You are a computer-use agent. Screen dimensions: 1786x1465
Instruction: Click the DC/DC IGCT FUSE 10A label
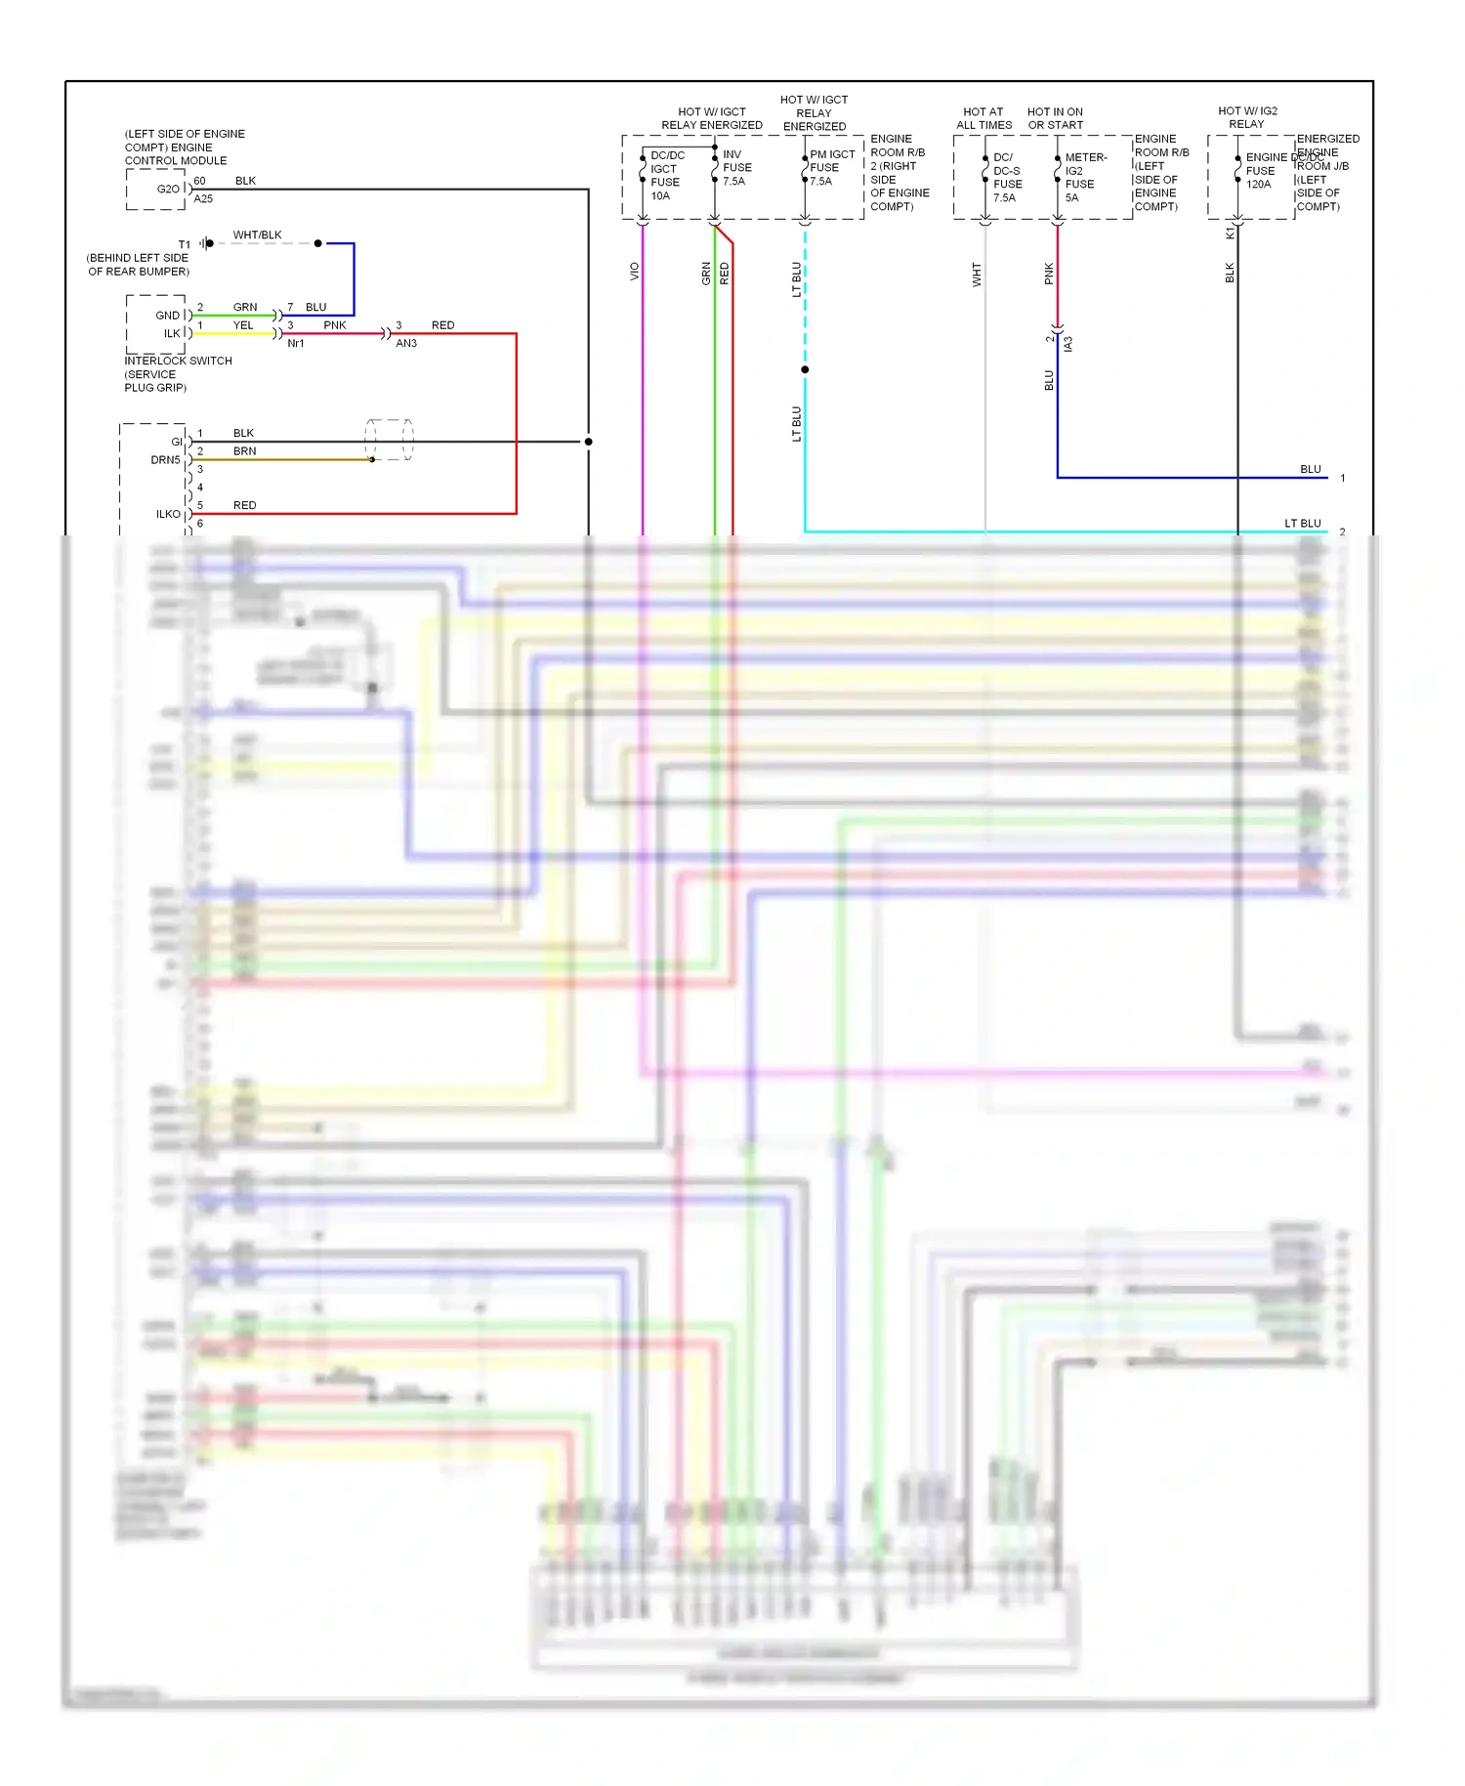(666, 176)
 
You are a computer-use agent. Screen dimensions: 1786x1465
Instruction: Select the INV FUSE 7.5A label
(736, 168)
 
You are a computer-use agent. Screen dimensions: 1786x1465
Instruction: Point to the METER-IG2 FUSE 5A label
(1084, 178)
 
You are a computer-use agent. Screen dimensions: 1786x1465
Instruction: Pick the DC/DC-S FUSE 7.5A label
(1007, 178)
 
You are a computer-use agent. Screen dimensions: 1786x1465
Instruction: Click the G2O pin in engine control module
(168, 190)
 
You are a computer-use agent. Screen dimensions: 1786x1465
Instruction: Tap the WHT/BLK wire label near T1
(257, 235)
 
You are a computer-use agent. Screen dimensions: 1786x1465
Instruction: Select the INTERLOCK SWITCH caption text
(178, 361)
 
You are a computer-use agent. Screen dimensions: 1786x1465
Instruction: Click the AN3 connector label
(406, 344)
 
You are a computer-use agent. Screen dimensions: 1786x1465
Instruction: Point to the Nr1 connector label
(295, 344)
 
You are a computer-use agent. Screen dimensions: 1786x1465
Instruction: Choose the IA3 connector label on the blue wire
(1068, 344)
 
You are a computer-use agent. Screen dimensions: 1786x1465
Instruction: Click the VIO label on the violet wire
(634, 272)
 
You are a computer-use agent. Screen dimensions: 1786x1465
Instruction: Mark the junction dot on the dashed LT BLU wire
(805, 370)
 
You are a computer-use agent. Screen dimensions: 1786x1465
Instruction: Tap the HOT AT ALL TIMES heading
(984, 118)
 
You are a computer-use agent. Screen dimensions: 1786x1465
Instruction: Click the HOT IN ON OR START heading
(1055, 118)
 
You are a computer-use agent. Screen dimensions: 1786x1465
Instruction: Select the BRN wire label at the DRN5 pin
(244, 451)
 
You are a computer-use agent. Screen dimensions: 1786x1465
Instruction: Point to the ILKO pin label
(168, 515)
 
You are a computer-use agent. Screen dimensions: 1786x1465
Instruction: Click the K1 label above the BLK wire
(1230, 234)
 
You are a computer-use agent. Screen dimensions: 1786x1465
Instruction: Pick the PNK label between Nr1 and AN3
(335, 325)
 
